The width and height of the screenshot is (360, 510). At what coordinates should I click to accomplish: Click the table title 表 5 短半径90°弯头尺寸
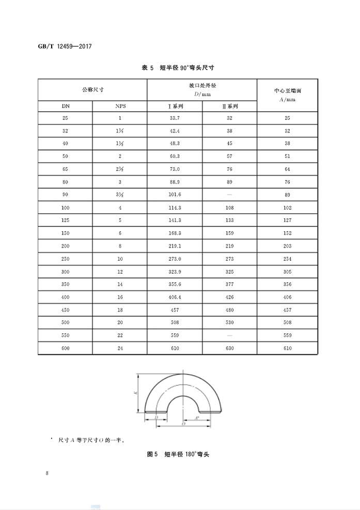tap(179, 69)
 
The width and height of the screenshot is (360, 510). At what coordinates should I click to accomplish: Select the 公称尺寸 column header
tap(92, 89)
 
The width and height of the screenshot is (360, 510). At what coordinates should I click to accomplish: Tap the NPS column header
tap(119, 106)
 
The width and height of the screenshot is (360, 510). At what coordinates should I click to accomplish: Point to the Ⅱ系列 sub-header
tap(229, 106)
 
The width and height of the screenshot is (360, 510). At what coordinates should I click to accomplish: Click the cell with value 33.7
tap(174, 118)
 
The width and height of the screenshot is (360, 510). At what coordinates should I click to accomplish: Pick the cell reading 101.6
tap(174, 195)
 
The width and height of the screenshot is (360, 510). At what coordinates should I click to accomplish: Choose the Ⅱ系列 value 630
tap(229, 348)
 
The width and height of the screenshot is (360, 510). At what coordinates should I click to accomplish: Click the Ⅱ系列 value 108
tap(229, 208)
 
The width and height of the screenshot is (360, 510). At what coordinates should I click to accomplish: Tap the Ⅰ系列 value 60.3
tap(174, 157)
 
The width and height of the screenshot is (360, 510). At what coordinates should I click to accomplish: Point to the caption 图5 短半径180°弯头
tap(179, 454)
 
